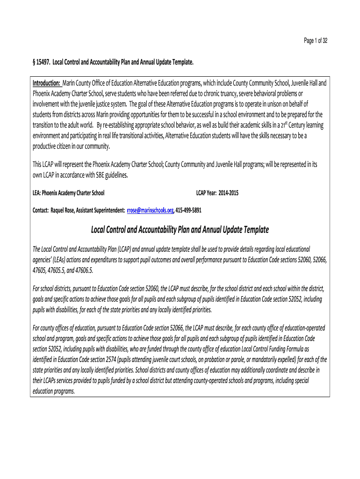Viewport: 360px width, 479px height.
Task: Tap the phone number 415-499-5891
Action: coord(188,210)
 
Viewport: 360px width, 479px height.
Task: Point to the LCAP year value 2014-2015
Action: coord(226,193)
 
